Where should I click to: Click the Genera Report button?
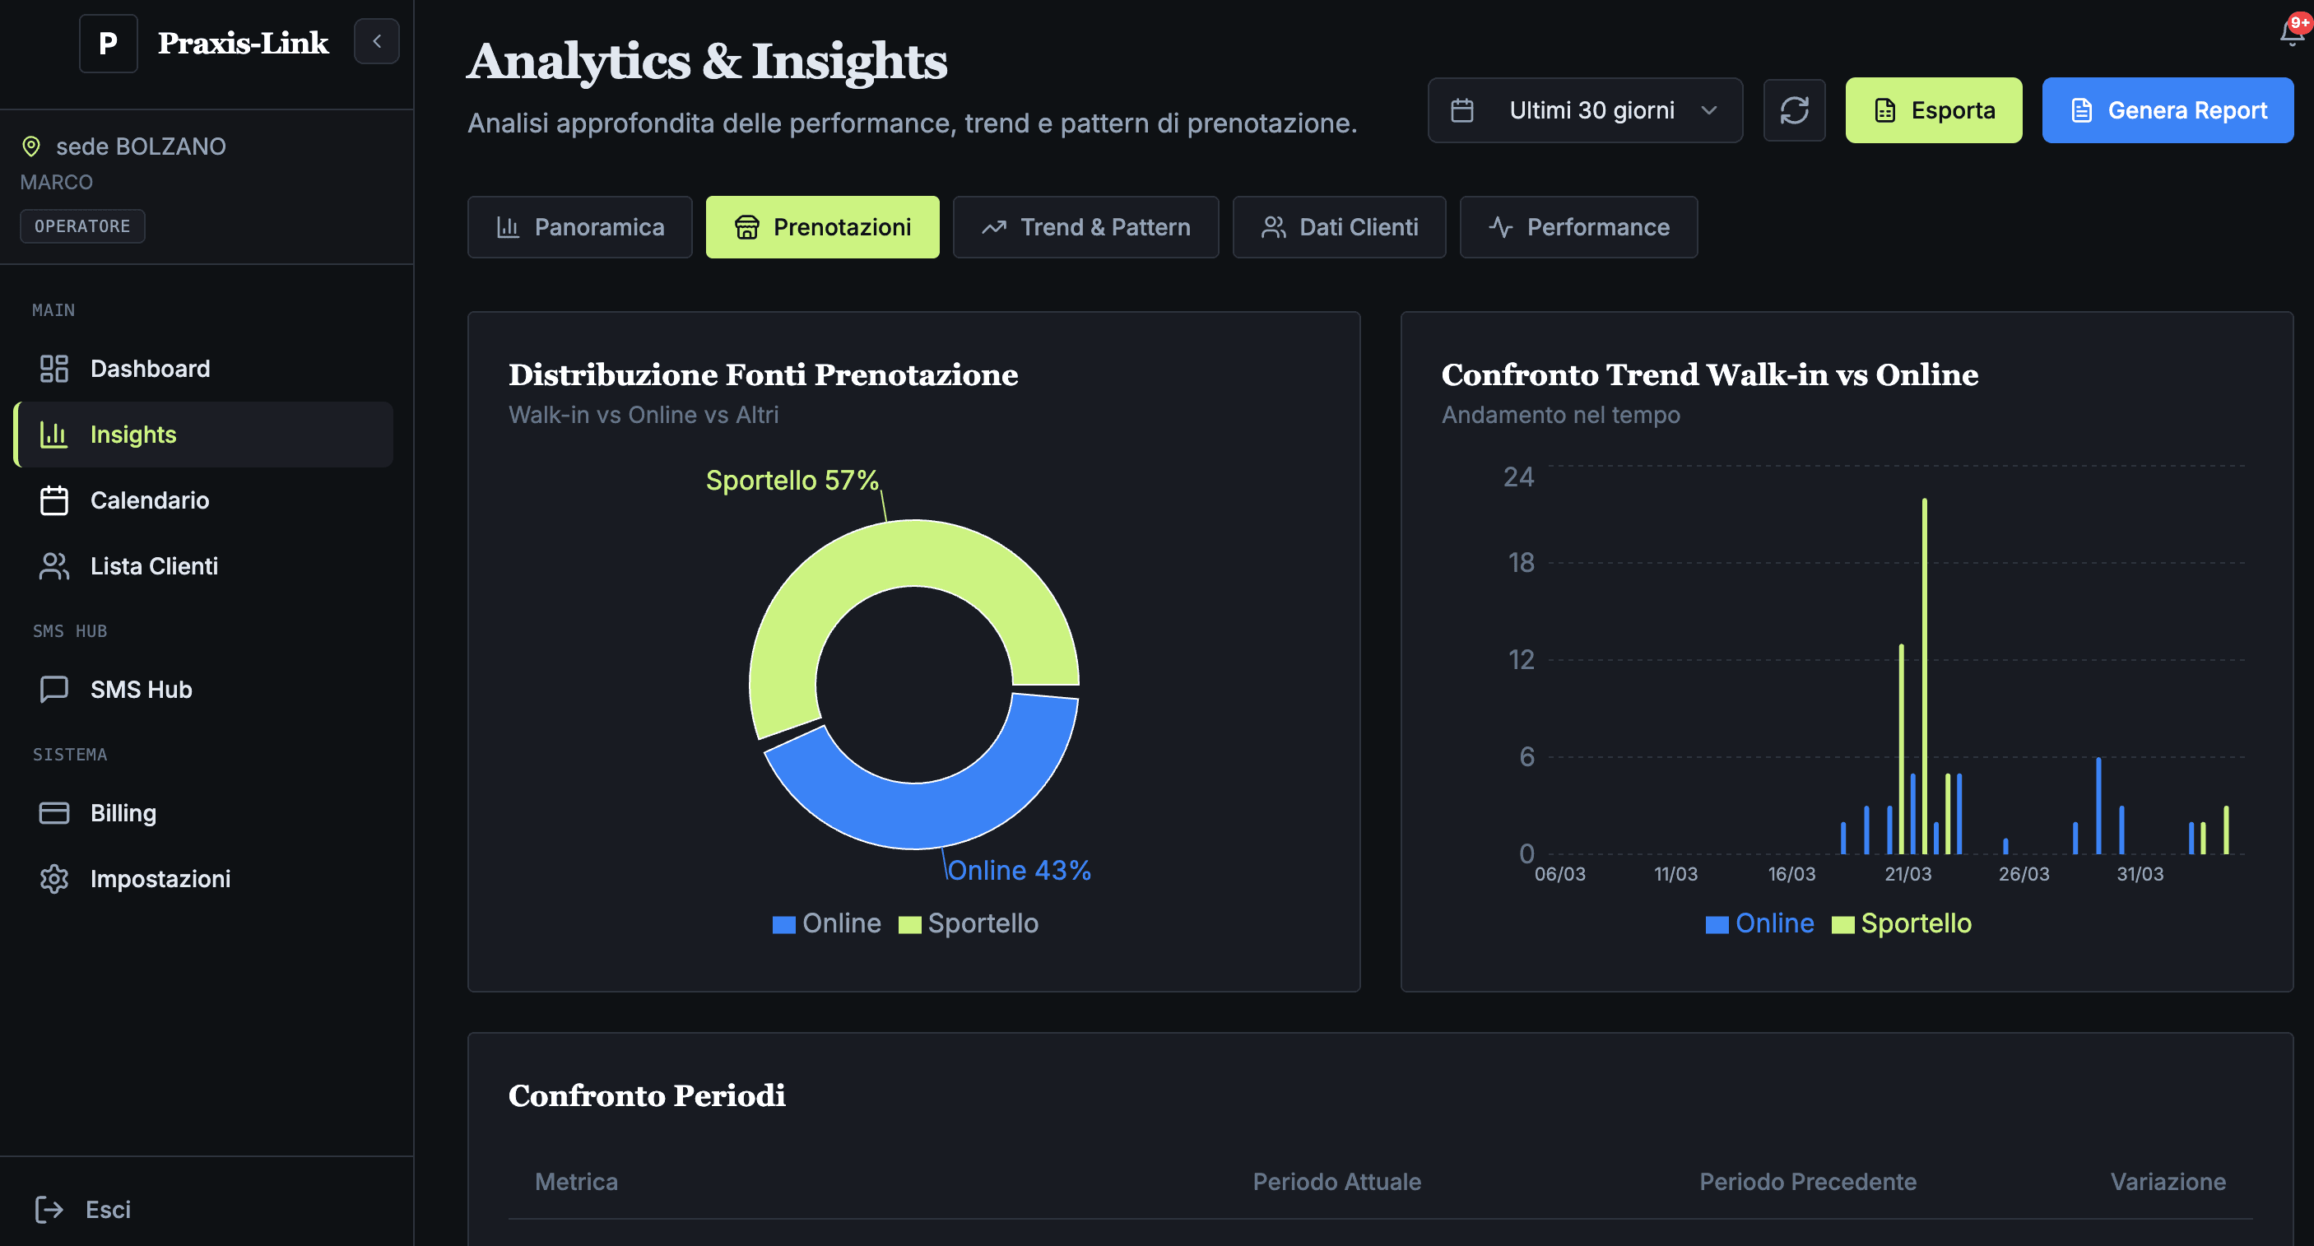[x=2167, y=110]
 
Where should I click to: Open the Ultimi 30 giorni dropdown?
[x=1585, y=110]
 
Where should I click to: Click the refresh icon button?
[x=1794, y=110]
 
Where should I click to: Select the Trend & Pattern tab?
[x=1085, y=227]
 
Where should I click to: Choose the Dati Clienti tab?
[x=1339, y=227]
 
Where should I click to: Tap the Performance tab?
[x=1578, y=227]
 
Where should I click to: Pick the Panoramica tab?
[x=579, y=227]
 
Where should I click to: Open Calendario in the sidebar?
[x=149, y=500]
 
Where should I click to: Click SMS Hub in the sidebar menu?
[x=141, y=690]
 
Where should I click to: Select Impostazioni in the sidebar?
[x=160, y=879]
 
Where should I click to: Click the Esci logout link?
[x=107, y=1210]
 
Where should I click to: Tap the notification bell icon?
[x=2291, y=34]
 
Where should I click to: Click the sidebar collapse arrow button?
[x=376, y=41]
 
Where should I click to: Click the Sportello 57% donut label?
[x=792, y=481]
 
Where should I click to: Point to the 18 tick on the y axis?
[x=1521, y=563]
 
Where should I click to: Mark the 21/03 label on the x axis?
[x=1907, y=874]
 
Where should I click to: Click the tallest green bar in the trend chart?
[x=1924, y=674]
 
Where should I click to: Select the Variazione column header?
[x=2168, y=1182]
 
